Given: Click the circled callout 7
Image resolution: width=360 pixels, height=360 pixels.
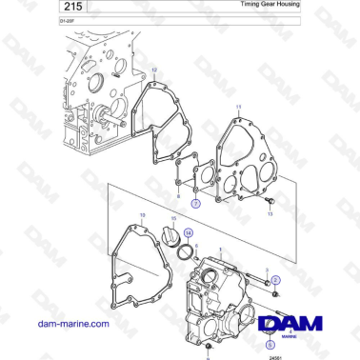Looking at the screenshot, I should tap(195, 203).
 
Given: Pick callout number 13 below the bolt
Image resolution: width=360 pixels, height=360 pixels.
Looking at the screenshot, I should tap(270, 215).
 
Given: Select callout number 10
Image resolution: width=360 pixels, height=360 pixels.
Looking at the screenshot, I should tap(142, 217).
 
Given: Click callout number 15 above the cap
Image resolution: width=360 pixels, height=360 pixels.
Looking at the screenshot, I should tap(172, 218).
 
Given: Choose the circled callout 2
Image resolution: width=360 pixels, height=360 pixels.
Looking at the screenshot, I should tap(275, 280).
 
